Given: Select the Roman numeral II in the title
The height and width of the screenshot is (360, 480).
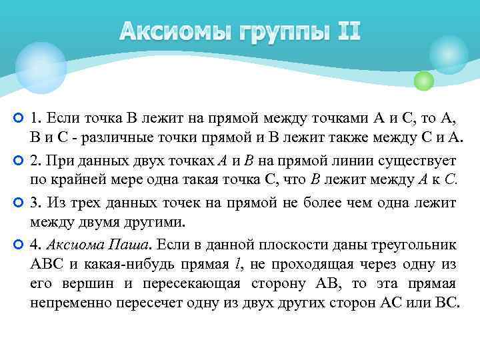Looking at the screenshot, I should (347, 31).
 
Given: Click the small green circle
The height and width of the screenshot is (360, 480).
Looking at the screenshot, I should (423, 81).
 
